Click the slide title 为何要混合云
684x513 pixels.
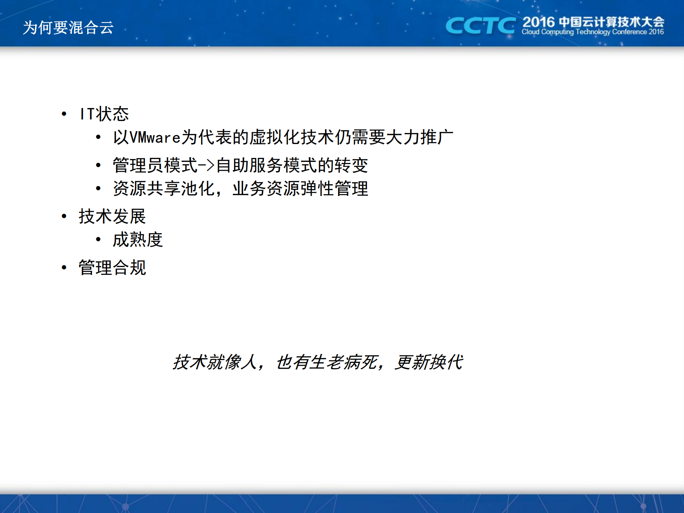click(x=68, y=27)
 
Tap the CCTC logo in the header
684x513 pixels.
click(x=480, y=26)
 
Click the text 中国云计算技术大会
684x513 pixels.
click(x=611, y=22)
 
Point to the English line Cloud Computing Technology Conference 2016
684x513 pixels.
click(x=592, y=32)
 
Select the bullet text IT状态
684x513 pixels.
click(x=104, y=114)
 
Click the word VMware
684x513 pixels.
click(x=155, y=138)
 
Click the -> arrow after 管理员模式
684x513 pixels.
click(x=206, y=165)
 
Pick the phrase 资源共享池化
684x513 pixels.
click(x=164, y=189)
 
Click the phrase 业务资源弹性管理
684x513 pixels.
click(x=300, y=189)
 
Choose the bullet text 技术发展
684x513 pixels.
click(x=112, y=216)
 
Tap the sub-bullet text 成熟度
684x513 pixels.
click(x=138, y=240)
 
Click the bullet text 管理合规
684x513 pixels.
click(x=112, y=268)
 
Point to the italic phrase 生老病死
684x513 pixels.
click(x=344, y=363)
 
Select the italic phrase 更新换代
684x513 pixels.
click(x=429, y=363)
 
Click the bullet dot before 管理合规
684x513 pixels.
click(x=64, y=268)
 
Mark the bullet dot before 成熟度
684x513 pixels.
click(x=98, y=240)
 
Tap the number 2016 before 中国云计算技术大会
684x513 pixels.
click(x=538, y=22)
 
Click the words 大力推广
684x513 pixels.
click(x=420, y=138)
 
